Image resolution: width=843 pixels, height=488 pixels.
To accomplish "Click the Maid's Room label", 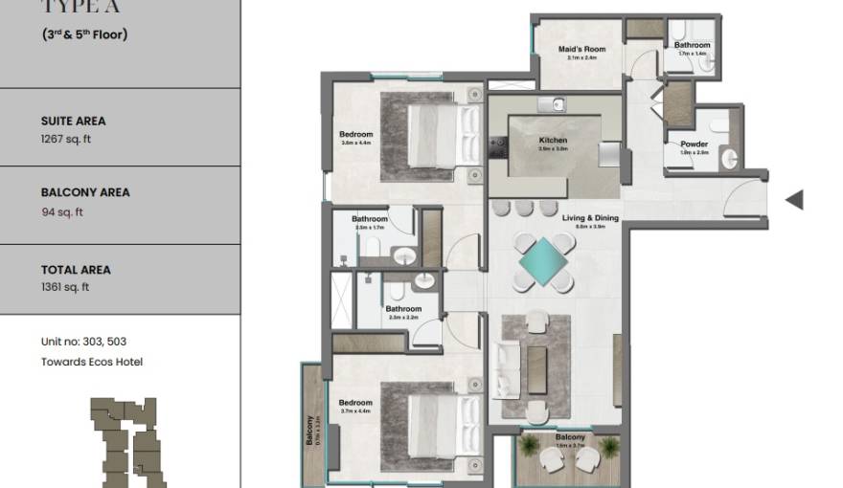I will (582, 50).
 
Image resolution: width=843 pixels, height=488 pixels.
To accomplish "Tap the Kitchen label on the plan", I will (553, 141).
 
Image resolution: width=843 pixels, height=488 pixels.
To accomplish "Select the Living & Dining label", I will (589, 218).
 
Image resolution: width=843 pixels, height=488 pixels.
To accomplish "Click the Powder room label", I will (695, 144).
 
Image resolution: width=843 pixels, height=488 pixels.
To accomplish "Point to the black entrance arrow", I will (793, 200).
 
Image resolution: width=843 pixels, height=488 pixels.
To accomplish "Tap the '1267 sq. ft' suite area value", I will (66, 139).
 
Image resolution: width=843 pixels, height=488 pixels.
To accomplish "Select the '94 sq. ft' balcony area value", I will (61, 212).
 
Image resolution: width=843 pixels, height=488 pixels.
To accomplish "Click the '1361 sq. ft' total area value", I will (66, 287).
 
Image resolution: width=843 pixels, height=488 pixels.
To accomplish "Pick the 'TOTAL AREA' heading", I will (75, 270).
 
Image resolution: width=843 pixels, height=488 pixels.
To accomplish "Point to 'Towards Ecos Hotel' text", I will (91, 362).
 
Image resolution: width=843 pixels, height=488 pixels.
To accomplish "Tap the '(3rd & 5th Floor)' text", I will (84, 34).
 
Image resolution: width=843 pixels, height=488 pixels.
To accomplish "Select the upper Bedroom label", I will (355, 134).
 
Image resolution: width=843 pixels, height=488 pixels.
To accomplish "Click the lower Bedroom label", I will (355, 403).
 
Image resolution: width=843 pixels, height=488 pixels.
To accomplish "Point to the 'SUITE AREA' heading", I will (73, 122).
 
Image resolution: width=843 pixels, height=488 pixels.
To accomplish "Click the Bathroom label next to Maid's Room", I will (692, 45).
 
